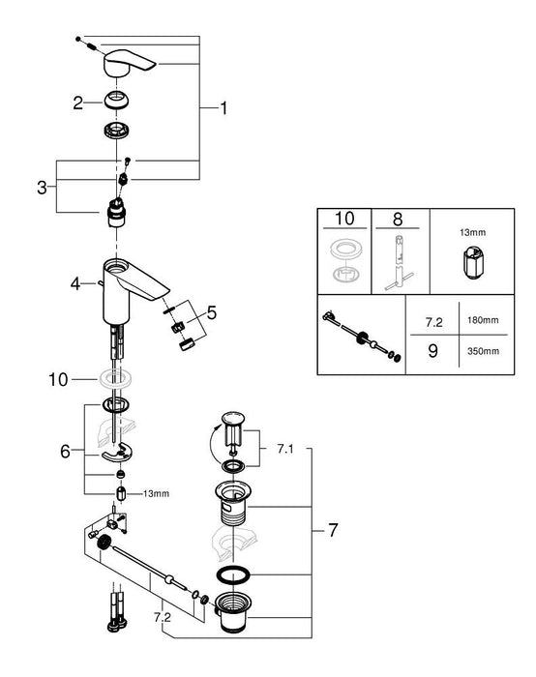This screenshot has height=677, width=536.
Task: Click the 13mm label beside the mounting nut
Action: pyautogui.click(x=155, y=494)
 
